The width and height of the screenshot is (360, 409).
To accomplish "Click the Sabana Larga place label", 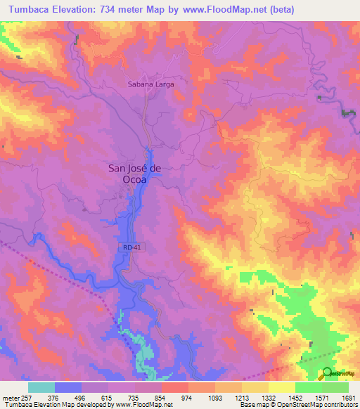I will [150, 83].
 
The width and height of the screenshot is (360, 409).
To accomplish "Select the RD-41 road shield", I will [126, 248].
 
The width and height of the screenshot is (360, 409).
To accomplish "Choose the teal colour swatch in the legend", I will [41, 387].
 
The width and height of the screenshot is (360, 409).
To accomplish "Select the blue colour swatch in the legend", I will [68, 387].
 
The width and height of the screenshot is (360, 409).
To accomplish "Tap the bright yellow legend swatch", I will [281, 387].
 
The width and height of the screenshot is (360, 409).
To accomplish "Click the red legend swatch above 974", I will [174, 387].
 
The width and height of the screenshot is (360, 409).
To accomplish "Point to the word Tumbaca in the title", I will [27, 10].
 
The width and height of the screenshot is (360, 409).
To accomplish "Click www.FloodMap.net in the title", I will [223, 10].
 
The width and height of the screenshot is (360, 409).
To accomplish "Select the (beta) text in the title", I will [281, 10].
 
